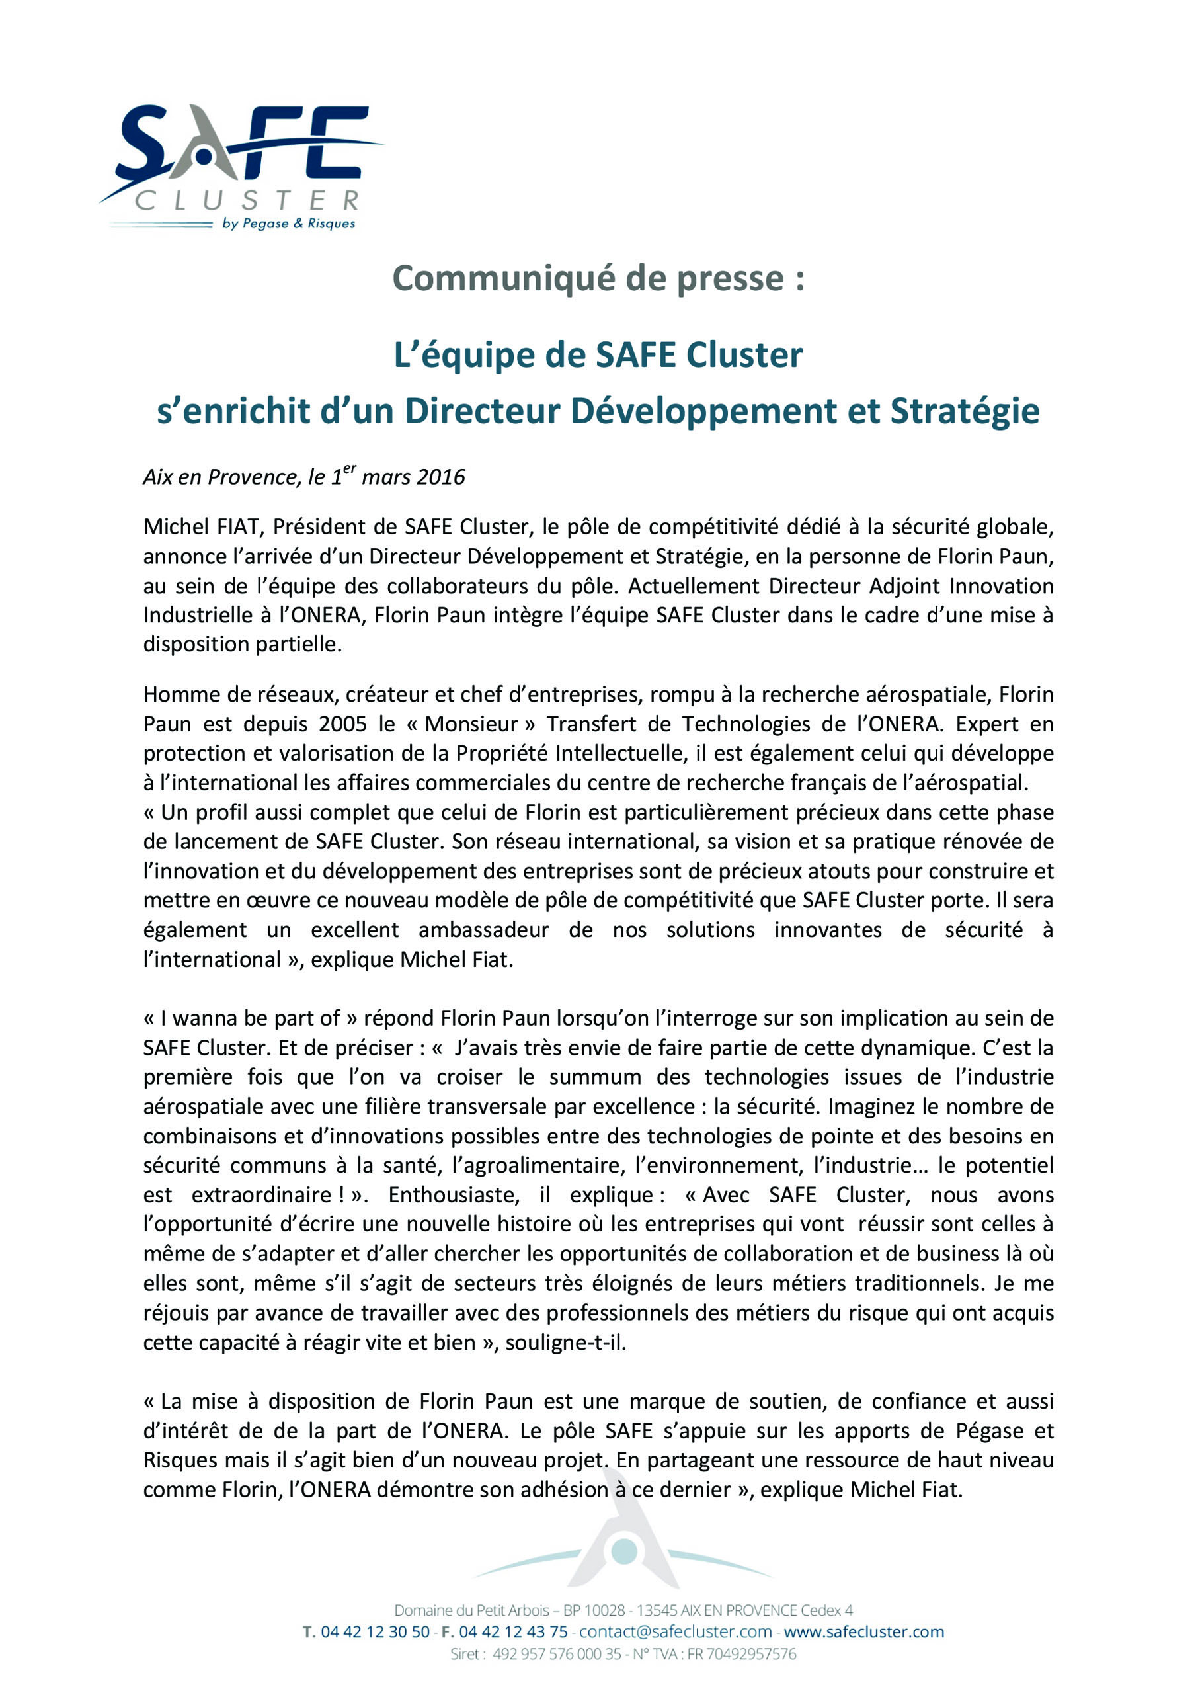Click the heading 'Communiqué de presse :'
pos(597,278)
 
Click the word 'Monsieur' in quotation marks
pos(471,723)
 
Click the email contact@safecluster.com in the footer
pos(676,1631)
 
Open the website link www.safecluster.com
pos(863,1631)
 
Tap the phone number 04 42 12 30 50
pos(375,1631)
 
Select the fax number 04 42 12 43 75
pos(513,1631)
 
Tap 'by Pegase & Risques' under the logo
pos(288,223)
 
